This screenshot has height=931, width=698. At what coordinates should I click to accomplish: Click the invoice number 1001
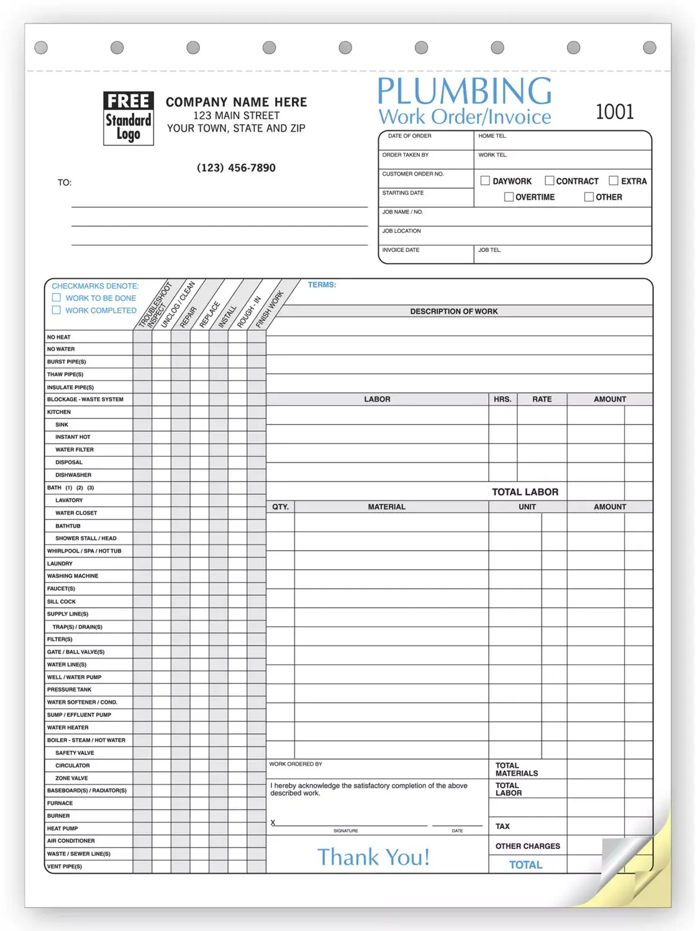pyautogui.click(x=614, y=112)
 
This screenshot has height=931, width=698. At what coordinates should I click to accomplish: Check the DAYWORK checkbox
pyautogui.click(x=485, y=181)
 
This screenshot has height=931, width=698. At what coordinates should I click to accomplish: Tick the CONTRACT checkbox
pyautogui.click(x=549, y=181)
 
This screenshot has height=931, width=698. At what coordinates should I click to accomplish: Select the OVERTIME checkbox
pyautogui.click(x=509, y=197)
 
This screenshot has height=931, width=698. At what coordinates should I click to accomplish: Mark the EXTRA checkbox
pyautogui.click(x=614, y=181)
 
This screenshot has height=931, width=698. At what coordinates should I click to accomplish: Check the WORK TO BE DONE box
pyautogui.click(x=57, y=298)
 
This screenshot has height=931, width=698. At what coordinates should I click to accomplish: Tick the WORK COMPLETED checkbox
pyautogui.click(x=57, y=310)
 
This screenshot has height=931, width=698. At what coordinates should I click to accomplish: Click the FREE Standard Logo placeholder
pyautogui.click(x=128, y=119)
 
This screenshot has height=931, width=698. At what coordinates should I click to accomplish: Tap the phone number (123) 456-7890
pyautogui.click(x=236, y=168)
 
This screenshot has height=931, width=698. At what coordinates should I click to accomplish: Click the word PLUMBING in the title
pyautogui.click(x=464, y=91)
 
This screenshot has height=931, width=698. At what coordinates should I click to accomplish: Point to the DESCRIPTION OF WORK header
pyautogui.click(x=453, y=312)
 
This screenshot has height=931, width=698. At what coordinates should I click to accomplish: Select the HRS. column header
pyautogui.click(x=502, y=400)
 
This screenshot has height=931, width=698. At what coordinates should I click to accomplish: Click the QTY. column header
pyautogui.click(x=280, y=507)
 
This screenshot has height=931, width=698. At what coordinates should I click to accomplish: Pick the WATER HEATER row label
pyautogui.click(x=68, y=728)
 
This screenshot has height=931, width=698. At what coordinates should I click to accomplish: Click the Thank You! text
pyautogui.click(x=373, y=857)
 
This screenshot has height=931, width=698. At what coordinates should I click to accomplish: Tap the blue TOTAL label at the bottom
pyautogui.click(x=525, y=865)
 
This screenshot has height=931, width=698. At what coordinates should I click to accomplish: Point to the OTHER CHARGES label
pyautogui.click(x=527, y=847)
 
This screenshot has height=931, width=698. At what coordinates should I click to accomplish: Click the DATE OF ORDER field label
pyautogui.click(x=409, y=136)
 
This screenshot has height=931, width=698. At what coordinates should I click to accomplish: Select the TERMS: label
pyautogui.click(x=322, y=285)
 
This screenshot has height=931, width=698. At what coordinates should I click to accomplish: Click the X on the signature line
pyautogui.click(x=273, y=823)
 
